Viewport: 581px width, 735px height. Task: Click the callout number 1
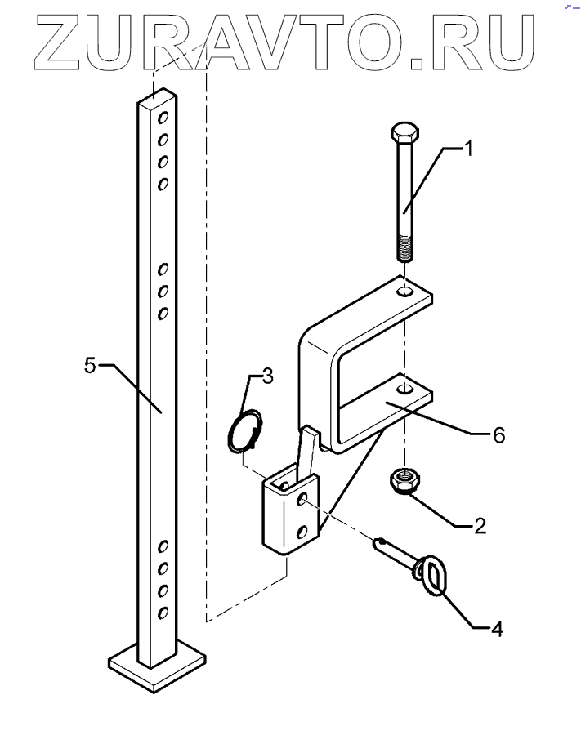(469, 148)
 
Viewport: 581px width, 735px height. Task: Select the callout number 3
(267, 376)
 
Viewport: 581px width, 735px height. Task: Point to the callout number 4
(496, 629)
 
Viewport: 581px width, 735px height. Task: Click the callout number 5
(91, 365)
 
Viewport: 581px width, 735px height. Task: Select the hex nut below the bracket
(403, 479)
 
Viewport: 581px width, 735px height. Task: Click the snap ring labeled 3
(246, 430)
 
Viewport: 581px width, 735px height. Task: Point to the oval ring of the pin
(431, 575)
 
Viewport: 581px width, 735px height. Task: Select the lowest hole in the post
(163, 612)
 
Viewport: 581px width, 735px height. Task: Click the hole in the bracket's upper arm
(404, 291)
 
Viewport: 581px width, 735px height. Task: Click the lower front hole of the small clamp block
(303, 531)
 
